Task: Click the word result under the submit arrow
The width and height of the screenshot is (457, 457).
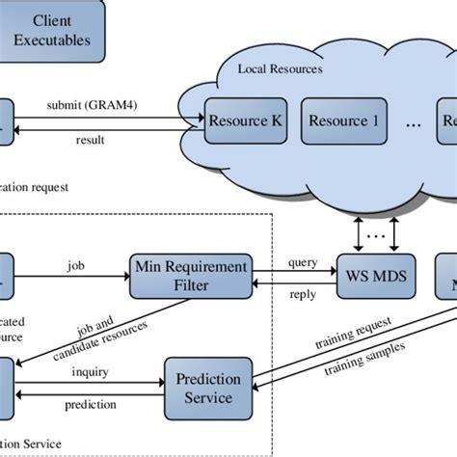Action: click(91, 141)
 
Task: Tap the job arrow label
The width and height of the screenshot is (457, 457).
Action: click(74, 261)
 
